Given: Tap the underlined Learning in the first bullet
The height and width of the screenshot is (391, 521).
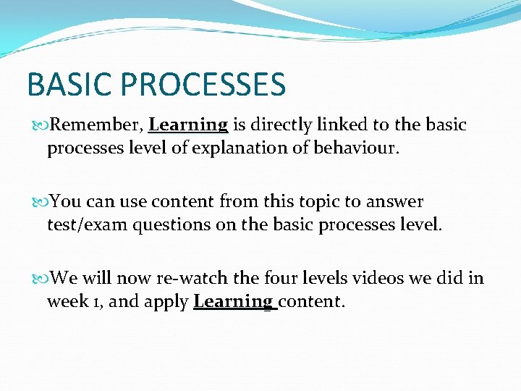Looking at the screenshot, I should click(x=188, y=125).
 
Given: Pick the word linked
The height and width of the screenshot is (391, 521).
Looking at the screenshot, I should click(x=350, y=125).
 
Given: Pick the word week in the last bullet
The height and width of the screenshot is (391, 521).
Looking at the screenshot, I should click(x=67, y=302).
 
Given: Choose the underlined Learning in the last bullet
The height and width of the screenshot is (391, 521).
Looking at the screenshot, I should click(x=233, y=302).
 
